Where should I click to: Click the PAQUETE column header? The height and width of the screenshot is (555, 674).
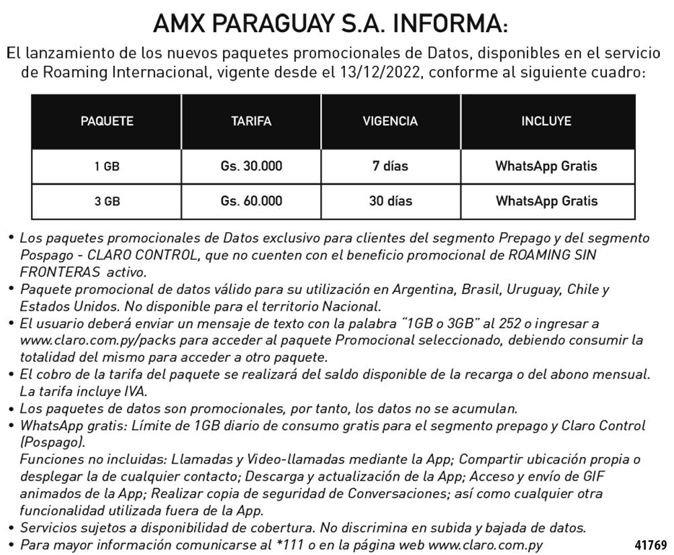pyautogui.click(x=107, y=121)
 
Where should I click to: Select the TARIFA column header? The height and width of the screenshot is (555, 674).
pyautogui.click(x=251, y=121)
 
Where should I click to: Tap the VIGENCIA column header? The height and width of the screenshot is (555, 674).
pyautogui.click(x=390, y=121)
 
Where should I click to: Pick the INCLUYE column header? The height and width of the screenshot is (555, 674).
pyautogui.click(x=546, y=121)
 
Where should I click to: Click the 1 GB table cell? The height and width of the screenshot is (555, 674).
pyautogui.click(x=107, y=166)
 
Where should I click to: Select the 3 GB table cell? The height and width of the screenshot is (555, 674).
pyautogui.click(x=107, y=201)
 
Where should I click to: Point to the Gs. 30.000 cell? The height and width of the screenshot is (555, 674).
pyautogui.click(x=251, y=166)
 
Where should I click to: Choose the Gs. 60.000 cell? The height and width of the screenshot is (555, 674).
pyautogui.click(x=251, y=201)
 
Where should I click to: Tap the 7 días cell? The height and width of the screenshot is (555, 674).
pyautogui.click(x=390, y=166)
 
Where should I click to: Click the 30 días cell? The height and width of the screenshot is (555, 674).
pyautogui.click(x=390, y=201)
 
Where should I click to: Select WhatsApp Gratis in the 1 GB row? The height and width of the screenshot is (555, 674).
pyautogui.click(x=546, y=166)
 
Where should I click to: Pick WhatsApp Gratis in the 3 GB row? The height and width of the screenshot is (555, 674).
pyautogui.click(x=546, y=201)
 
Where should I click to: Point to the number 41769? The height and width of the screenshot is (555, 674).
pyautogui.click(x=650, y=544)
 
